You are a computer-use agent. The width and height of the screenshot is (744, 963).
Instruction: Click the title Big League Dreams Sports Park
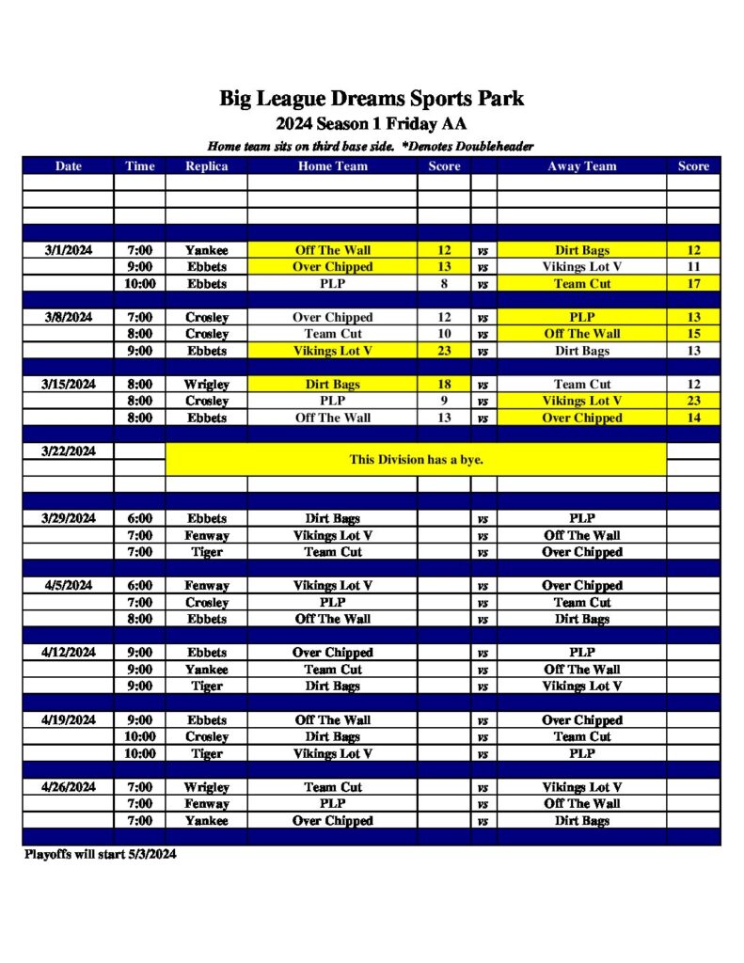pos(372,98)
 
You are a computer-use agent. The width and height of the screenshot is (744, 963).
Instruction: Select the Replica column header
pos(206,166)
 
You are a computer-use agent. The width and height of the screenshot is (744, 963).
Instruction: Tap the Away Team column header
pos(581,166)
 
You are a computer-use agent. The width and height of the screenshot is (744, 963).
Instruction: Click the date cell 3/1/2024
pos(69,250)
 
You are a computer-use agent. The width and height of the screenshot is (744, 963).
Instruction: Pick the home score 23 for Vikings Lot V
pos(444,351)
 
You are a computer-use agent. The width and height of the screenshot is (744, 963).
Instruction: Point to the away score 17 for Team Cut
pos(693,283)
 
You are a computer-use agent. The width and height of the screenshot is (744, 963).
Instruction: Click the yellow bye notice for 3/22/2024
pos(416,460)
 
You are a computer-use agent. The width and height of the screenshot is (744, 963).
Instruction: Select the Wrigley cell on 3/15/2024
pos(206,385)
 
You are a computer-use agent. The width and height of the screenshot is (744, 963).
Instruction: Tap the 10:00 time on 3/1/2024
pos(139,283)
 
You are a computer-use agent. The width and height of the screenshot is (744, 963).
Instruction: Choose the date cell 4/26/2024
pos(69,787)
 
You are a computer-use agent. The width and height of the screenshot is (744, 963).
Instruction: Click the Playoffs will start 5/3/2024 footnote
pos(100,855)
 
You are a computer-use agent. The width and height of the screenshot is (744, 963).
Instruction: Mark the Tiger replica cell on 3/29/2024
pos(206,552)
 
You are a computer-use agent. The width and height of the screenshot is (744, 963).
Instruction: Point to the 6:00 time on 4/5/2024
pos(139,585)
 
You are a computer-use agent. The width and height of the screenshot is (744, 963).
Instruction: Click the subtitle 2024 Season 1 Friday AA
pos(372,124)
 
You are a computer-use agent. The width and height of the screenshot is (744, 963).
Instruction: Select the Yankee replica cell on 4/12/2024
pos(206,670)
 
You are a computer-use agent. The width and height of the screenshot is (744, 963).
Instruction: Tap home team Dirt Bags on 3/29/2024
pos(332,518)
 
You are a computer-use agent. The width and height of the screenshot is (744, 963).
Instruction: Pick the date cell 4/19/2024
pos(69,720)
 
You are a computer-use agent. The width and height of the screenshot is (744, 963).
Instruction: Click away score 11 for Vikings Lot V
pos(693,267)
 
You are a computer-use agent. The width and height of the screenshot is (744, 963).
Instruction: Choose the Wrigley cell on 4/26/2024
pos(206,787)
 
